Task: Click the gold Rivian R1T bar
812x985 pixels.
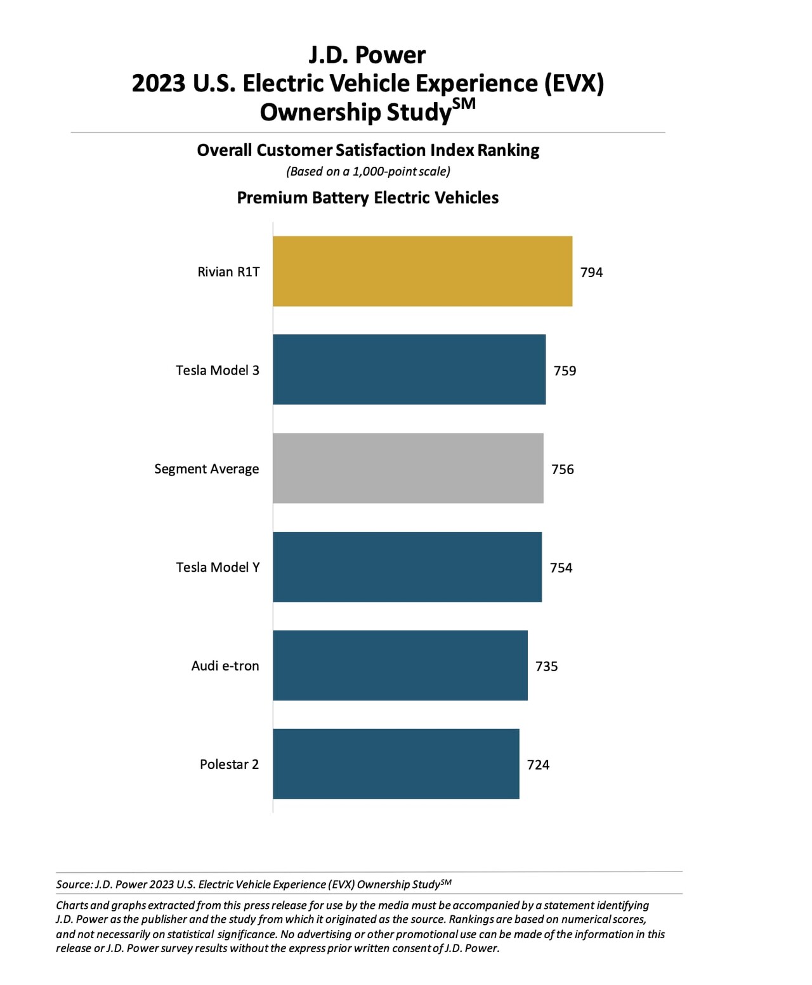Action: pyautogui.click(x=422, y=271)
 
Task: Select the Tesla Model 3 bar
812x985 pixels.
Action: pyautogui.click(x=409, y=370)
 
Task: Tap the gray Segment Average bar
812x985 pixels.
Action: pyautogui.click(x=408, y=468)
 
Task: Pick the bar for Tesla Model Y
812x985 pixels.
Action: pyautogui.click(x=407, y=567)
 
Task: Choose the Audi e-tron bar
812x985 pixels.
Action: pyautogui.click(x=400, y=666)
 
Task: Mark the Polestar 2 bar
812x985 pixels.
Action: pyautogui.click(x=396, y=764)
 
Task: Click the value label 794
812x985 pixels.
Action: pyautogui.click(x=591, y=273)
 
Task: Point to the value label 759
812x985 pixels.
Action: pyautogui.click(x=565, y=371)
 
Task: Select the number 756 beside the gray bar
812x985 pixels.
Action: pyautogui.click(x=562, y=470)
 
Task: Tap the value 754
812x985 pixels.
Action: pyautogui.click(x=561, y=568)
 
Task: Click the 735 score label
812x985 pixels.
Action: pyautogui.click(x=546, y=666)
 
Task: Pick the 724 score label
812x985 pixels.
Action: pyautogui.click(x=538, y=765)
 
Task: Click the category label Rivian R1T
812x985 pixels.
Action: pyautogui.click(x=228, y=272)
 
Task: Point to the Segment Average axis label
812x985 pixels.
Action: pyautogui.click(x=207, y=469)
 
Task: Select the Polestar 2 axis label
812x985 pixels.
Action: pyautogui.click(x=229, y=764)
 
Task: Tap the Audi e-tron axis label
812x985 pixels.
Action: pyautogui.click(x=225, y=666)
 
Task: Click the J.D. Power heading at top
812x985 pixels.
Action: pyautogui.click(x=367, y=55)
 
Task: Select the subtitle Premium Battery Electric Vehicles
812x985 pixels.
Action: pyautogui.click(x=368, y=198)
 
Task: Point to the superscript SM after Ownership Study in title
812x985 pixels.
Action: pyautogui.click(x=464, y=103)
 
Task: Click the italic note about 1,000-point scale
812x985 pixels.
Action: pyautogui.click(x=368, y=171)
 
